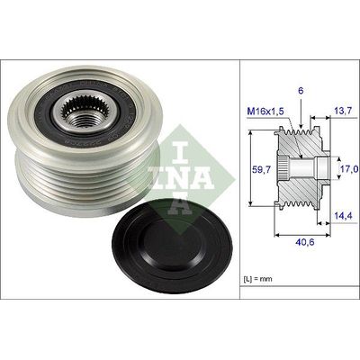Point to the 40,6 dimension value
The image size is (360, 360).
[305, 240]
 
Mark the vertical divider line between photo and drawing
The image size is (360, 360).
[240, 180]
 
